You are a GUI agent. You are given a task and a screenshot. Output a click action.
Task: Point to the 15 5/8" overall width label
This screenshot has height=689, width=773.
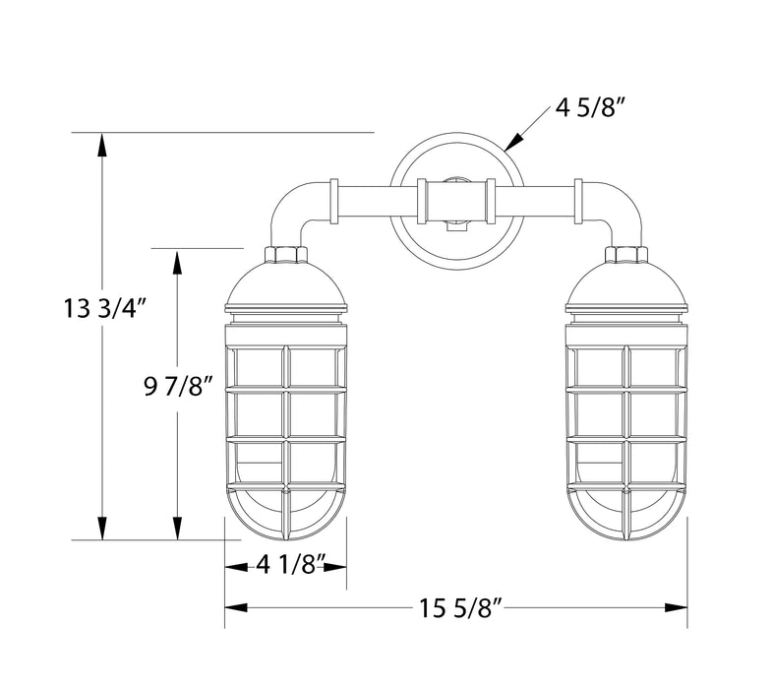(x=457, y=608)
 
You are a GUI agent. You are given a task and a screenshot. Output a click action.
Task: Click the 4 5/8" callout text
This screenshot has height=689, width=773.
(x=589, y=108)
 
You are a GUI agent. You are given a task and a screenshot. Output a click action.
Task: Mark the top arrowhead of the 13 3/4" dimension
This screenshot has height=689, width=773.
(x=101, y=142)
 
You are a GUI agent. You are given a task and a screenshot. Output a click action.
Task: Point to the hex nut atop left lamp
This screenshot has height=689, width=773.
(x=286, y=255)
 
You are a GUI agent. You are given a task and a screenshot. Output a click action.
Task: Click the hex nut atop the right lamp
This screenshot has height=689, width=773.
(x=626, y=255)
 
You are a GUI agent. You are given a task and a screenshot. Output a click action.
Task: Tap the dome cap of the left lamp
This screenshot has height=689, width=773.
(x=286, y=285)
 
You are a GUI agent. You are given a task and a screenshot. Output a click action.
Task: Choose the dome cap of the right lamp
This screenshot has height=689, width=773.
(x=626, y=285)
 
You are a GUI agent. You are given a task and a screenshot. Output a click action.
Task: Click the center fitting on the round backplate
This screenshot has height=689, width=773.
(x=454, y=202)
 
